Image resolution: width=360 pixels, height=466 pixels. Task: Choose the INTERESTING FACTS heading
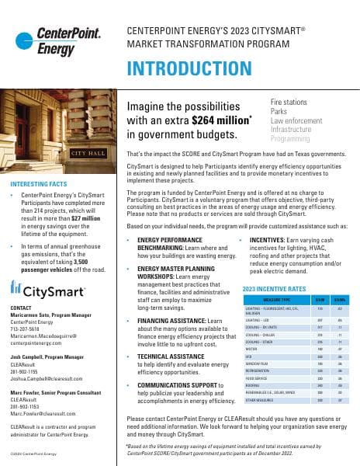[41, 184]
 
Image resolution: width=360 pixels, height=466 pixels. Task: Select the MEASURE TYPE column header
[276, 299]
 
